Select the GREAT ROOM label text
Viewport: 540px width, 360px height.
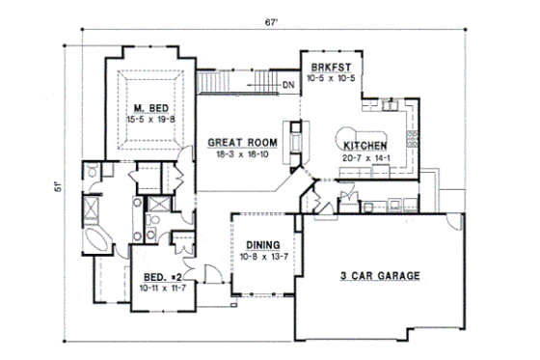[x=243, y=142]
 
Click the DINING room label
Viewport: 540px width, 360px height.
[x=262, y=245]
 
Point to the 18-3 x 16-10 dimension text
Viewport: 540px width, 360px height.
[x=243, y=153]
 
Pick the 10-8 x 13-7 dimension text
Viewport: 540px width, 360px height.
[x=262, y=256]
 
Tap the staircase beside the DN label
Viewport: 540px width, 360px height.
[x=236, y=85]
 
